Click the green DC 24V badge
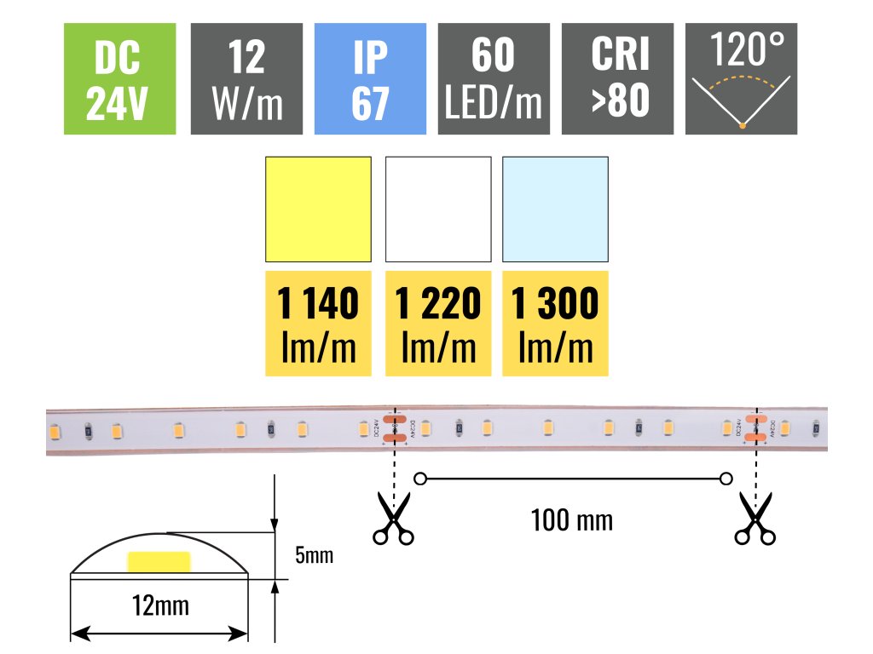(119, 78)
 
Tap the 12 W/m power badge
(246, 78)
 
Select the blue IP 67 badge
(370, 78)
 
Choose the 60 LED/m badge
(494, 78)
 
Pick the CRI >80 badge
(618, 78)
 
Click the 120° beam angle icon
(741, 78)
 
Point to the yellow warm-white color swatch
(319, 209)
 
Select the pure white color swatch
(438, 209)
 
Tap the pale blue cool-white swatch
(555, 209)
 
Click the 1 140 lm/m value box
(319, 323)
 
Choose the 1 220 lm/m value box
(438, 323)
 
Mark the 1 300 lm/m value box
(555, 323)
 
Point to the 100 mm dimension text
(571, 519)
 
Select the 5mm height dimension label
(313, 557)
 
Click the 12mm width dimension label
(161, 606)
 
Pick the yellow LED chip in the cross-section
(159, 562)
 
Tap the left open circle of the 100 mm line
(419, 479)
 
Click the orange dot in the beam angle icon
(743, 126)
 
